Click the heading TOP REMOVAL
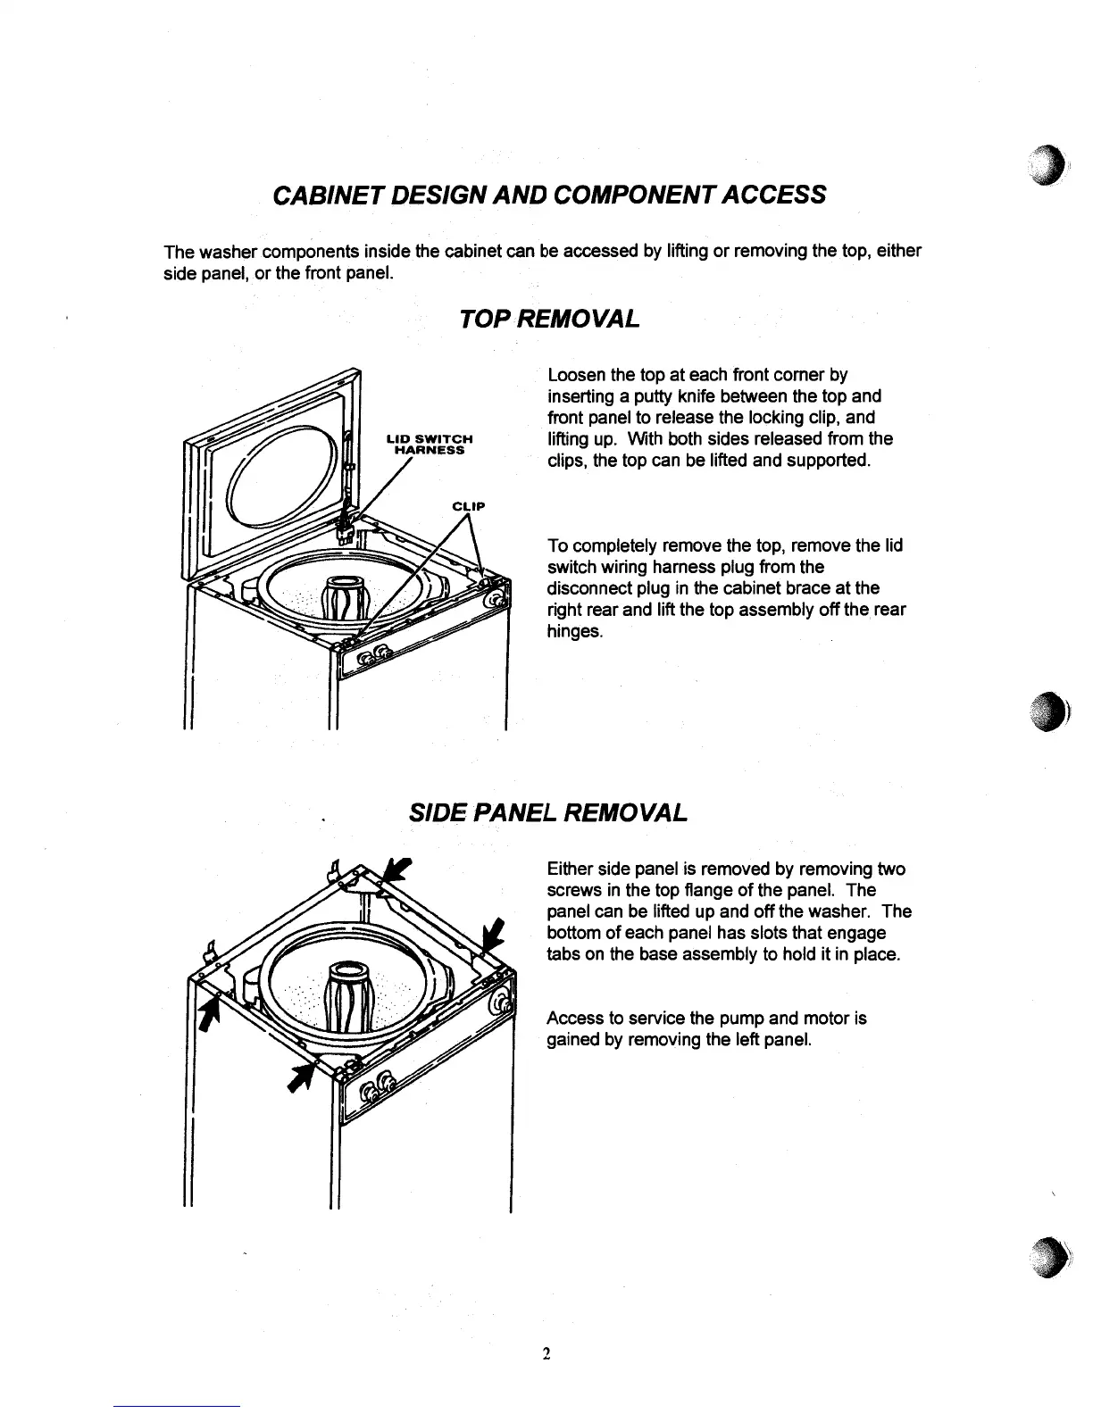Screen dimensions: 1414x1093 pyautogui.click(x=547, y=318)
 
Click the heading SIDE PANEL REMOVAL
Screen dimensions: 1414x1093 pyautogui.click(x=547, y=812)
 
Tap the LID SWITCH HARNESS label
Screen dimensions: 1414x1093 pyautogui.click(x=428, y=444)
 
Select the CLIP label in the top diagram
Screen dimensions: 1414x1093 pyautogui.click(x=468, y=506)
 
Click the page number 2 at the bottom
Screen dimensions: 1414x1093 pyautogui.click(x=546, y=1354)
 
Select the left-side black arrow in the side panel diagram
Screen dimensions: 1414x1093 pyautogui.click(x=210, y=1014)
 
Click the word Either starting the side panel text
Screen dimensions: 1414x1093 pyautogui.click(x=570, y=869)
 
